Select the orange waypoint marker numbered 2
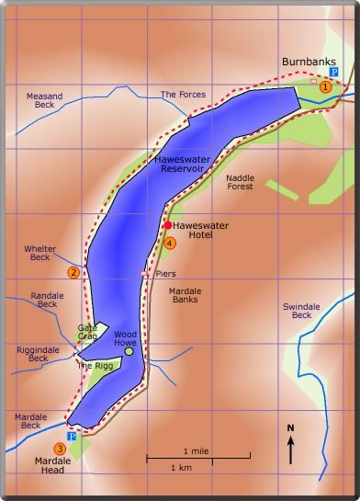pyautogui.click(x=73, y=271)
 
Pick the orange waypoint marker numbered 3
pyautogui.click(x=60, y=449)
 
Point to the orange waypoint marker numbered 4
pyautogui.click(x=170, y=243)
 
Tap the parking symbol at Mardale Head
pyautogui.click(x=71, y=437)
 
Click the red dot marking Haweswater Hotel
pyautogui.click(x=167, y=224)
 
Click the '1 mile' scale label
pyautogui.click(x=197, y=450)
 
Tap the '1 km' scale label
pyautogui.click(x=182, y=468)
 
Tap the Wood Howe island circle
pyautogui.click(x=129, y=351)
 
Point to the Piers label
pyautogui.click(x=165, y=273)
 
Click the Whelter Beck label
pyautogui.click(x=39, y=253)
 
